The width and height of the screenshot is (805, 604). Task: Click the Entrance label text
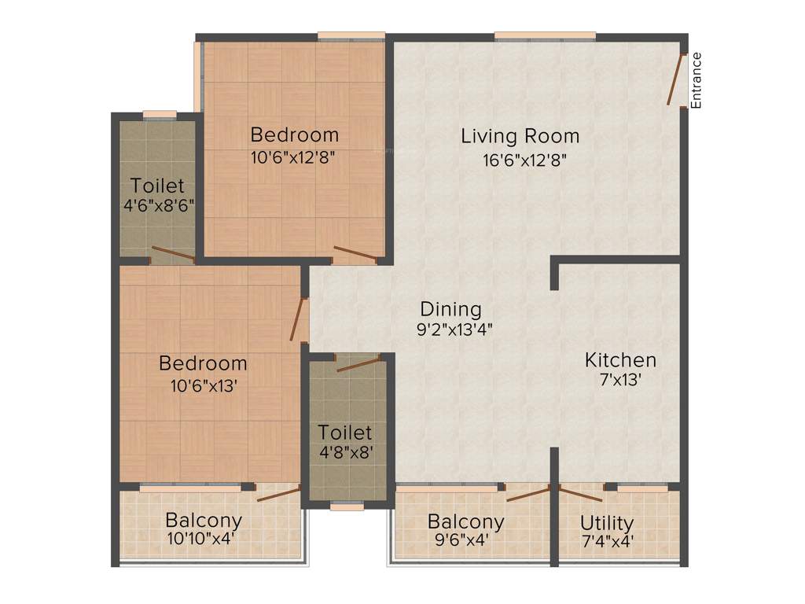click(696, 79)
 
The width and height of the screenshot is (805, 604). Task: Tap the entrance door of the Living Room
click(675, 79)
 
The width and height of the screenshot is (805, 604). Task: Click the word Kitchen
click(620, 360)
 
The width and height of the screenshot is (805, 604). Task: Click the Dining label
click(450, 309)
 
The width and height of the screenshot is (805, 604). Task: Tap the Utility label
click(607, 523)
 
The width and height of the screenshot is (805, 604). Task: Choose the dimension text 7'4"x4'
click(607, 541)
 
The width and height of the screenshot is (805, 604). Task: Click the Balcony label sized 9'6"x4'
click(465, 521)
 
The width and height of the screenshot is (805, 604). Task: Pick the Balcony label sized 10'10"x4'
click(204, 520)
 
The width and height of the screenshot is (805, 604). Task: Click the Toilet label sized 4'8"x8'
click(345, 433)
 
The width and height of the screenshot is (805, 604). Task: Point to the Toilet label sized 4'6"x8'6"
click(158, 186)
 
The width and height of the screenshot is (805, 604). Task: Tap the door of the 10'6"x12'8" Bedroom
click(355, 254)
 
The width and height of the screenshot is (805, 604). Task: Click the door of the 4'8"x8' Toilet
click(358, 363)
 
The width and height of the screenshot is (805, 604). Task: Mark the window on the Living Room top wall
click(544, 35)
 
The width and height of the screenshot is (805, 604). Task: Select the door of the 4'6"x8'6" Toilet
click(173, 253)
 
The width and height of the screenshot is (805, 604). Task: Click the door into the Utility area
click(580, 494)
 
